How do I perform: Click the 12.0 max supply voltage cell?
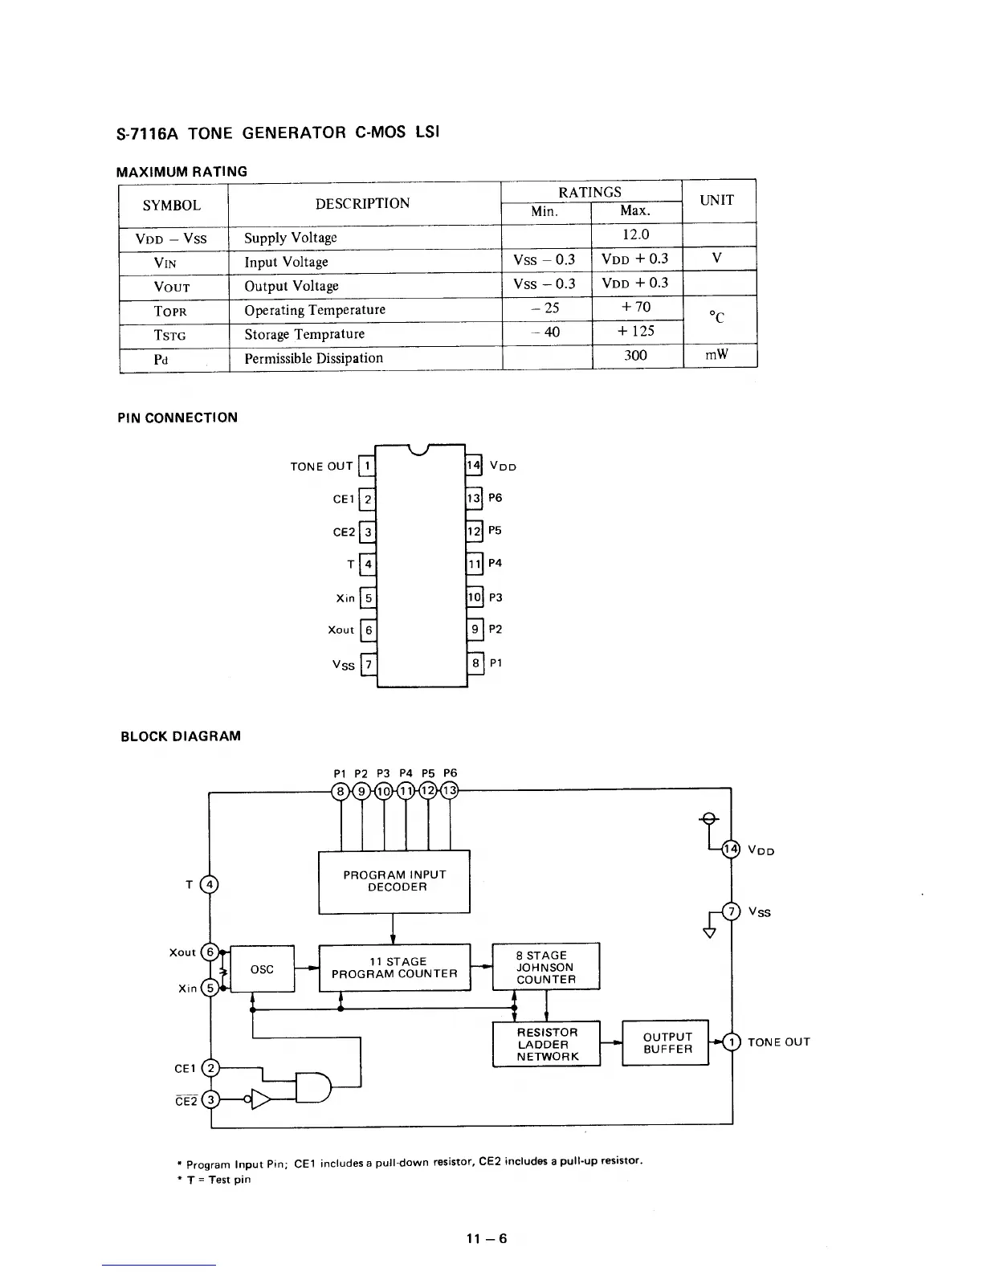coord(635,234)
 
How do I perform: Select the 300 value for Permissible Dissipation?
coord(635,355)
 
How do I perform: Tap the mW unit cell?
coord(716,354)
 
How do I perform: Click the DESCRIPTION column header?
coord(362,204)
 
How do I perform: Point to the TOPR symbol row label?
coord(170,311)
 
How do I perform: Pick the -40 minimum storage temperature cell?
coord(547,332)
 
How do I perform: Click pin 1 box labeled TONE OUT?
coord(367,466)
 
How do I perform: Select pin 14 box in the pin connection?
coord(474,465)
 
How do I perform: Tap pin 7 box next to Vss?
coord(368,664)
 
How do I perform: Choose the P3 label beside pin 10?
coord(496,597)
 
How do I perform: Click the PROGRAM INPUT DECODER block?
coord(394,881)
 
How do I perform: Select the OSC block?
coord(263,969)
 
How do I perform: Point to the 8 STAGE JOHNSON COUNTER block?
coord(546,967)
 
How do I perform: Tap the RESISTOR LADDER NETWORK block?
coord(547,1044)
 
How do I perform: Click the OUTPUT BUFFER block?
coord(667,1043)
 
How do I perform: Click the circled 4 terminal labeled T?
coord(209,885)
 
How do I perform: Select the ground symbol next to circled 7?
coord(709,932)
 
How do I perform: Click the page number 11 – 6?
coord(487,1238)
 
